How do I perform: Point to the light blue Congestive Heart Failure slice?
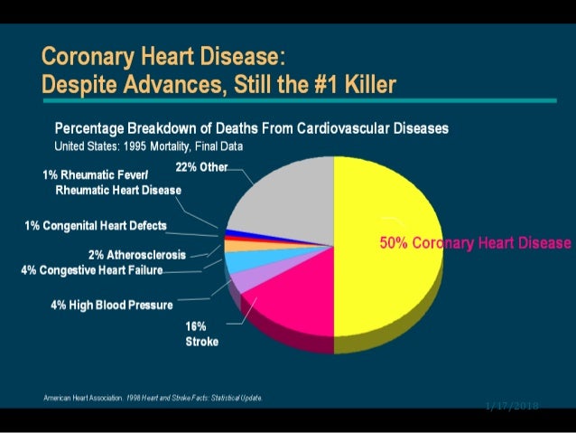[x=237, y=261]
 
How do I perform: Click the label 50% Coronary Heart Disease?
[x=474, y=243]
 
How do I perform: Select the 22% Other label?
[x=200, y=167]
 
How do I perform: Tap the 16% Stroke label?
[x=200, y=334]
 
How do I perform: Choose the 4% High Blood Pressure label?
[x=112, y=305]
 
